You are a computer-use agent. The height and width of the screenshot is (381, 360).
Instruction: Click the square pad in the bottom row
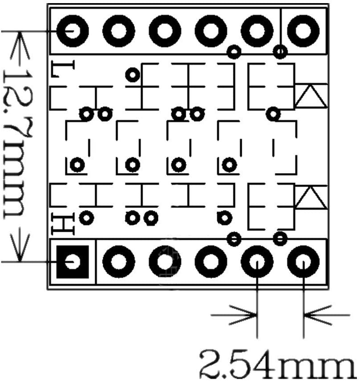click(x=73, y=262)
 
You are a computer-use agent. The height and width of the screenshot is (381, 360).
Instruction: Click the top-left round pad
click(x=72, y=31)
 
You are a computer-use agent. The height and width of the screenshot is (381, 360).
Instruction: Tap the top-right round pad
click(x=304, y=31)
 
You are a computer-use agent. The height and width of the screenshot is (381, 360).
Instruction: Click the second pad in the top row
click(x=119, y=31)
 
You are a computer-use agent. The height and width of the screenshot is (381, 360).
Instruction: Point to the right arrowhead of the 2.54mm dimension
click(x=313, y=316)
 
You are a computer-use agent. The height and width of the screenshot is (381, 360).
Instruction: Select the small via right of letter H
click(x=87, y=218)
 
